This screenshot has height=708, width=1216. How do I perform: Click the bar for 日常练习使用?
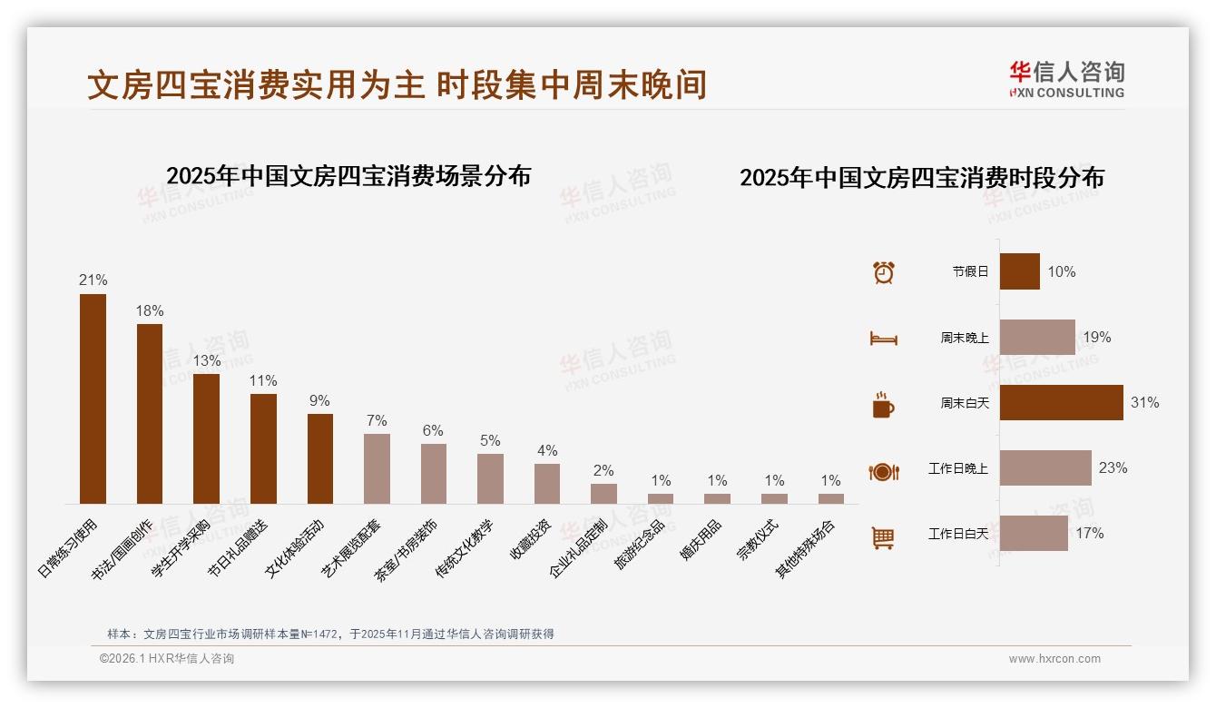coord(93,398)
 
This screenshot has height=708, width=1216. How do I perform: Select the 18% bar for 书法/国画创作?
coord(150,414)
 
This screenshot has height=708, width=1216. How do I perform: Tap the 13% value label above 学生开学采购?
coord(206,360)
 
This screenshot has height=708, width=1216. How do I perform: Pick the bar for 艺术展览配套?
coord(377,468)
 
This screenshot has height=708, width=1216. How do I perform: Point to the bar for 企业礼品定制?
coord(603,493)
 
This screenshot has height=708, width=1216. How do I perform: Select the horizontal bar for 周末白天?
coord(1061,402)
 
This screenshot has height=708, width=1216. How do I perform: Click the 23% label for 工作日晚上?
coord(1113,467)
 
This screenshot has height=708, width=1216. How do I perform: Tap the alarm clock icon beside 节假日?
coord(883,272)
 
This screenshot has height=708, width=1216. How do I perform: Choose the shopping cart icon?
coord(883,537)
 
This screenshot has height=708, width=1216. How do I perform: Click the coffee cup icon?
coord(883,405)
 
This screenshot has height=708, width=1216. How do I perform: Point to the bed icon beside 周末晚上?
coord(883,339)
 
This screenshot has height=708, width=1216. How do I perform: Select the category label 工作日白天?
coord(957,534)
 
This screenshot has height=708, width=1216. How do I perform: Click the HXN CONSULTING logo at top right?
coord(1066,80)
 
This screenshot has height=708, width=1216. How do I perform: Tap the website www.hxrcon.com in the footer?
coord(1054,659)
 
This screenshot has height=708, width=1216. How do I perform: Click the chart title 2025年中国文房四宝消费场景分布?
coord(348,175)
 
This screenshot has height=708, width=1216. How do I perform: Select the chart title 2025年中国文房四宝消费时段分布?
coord(921,178)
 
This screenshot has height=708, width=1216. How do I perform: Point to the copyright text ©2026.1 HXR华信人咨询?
coord(167,659)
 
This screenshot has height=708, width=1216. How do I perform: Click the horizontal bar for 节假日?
coord(1019,271)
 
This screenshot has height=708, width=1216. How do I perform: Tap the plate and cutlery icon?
coord(883,472)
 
